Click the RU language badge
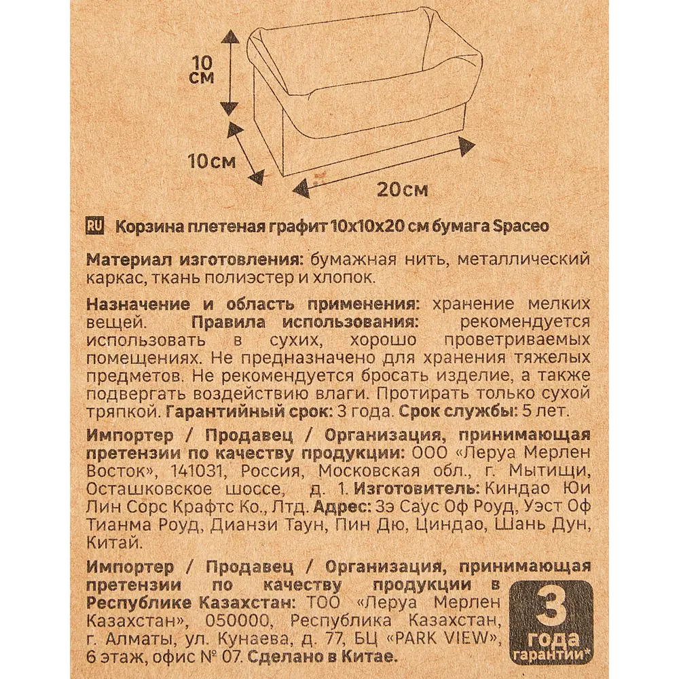pyautogui.click(x=95, y=227)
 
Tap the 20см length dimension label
pyautogui.click(x=403, y=189)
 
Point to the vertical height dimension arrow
pyautogui.click(x=230, y=71)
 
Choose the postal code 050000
pyautogui.click(x=238, y=621)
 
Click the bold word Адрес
pyautogui.click(x=339, y=507)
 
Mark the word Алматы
pyautogui.click(x=143, y=639)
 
